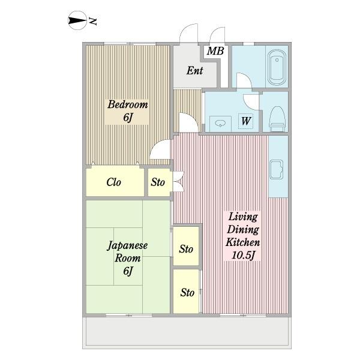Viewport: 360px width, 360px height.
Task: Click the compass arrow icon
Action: point(77,20)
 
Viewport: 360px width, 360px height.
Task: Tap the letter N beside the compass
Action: point(93,21)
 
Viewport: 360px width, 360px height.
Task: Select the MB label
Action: point(215,51)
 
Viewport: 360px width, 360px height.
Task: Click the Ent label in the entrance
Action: point(194,70)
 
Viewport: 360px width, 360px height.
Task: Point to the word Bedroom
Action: point(128,104)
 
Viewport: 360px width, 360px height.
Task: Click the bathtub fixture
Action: point(277,67)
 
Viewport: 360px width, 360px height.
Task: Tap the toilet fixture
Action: point(277,119)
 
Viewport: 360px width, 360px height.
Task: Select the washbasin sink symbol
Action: point(220,124)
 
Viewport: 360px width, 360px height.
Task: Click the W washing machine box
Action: point(245,121)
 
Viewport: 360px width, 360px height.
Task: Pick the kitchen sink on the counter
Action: point(277,169)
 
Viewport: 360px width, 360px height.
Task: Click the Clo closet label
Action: point(113,182)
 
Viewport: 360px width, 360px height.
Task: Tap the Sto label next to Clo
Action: point(158,182)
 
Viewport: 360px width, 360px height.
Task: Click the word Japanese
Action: point(127,245)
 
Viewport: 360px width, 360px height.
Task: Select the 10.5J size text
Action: point(244,256)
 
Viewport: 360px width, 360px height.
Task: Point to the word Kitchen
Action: point(242,242)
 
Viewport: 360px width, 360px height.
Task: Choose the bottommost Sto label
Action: point(187,293)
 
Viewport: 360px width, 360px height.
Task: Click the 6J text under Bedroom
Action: point(128,118)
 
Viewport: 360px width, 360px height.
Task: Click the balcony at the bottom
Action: point(187,332)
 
